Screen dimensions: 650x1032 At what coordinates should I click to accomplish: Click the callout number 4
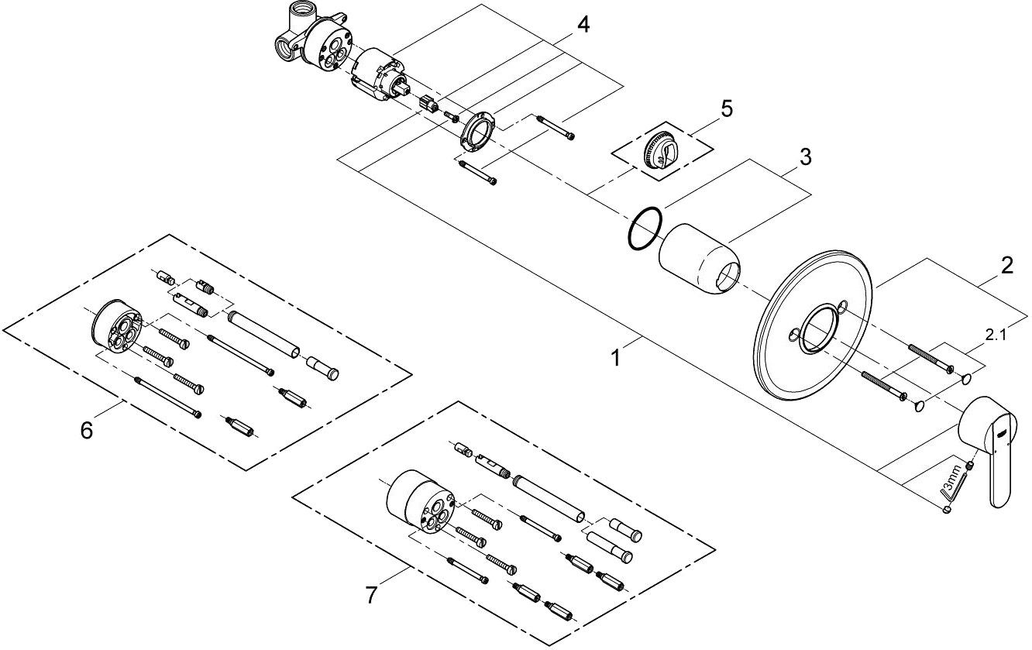tap(582, 25)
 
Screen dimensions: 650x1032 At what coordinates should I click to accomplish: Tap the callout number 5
tap(725, 108)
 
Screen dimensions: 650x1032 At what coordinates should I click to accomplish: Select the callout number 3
tap(805, 157)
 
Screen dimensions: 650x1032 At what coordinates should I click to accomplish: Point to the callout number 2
tap(1006, 266)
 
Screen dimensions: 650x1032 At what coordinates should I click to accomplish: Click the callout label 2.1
tap(996, 335)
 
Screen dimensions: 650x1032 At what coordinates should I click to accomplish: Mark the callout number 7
tap(371, 595)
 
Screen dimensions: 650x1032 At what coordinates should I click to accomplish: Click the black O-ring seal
tap(645, 229)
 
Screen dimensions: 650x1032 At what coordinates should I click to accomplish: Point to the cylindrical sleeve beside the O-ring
tap(700, 259)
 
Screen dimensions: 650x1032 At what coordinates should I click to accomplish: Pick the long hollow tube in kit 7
tap(549, 500)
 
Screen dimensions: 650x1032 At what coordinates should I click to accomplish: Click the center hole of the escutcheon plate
tap(819, 331)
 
